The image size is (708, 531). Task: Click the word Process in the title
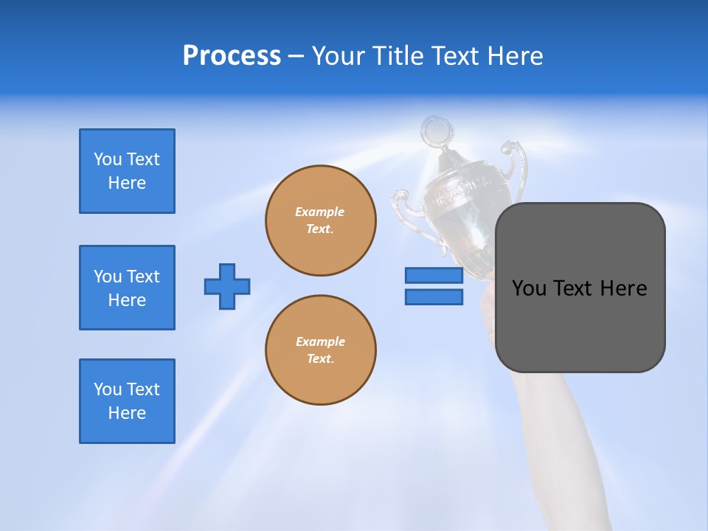point(232,56)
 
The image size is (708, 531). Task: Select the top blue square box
point(127,171)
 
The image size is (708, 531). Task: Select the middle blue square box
point(127,288)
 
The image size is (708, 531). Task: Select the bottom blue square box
point(127,401)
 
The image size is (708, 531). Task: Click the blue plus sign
point(227,286)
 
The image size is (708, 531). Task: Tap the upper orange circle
point(321,221)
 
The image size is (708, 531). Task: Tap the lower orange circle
point(321,350)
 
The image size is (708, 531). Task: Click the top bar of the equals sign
point(434,275)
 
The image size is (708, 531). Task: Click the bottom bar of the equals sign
point(434,296)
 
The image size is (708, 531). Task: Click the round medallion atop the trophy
point(435,131)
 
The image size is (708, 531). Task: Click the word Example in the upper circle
point(319,212)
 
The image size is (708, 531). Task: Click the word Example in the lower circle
point(320,341)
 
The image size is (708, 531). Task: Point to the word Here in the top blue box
point(127,183)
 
